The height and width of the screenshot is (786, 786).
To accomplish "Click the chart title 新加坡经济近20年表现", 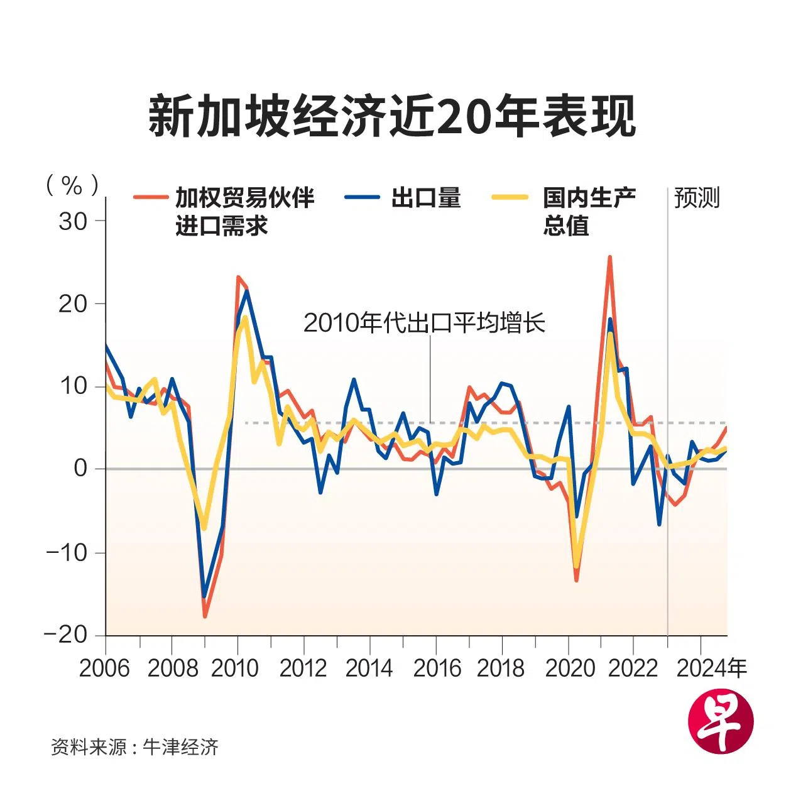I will (x=392, y=116).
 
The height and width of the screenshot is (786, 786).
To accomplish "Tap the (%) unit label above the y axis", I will (x=72, y=185).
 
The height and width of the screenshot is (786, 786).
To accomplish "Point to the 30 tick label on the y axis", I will (x=73, y=221).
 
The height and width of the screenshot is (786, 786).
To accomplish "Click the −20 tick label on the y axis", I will (x=65, y=635).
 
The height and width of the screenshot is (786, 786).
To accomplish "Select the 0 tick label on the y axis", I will (x=80, y=468).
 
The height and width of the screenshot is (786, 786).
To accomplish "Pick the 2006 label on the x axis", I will (x=104, y=669).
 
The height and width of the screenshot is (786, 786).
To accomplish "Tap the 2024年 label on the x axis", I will (x=711, y=669).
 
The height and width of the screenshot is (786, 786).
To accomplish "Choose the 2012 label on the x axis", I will (x=303, y=669).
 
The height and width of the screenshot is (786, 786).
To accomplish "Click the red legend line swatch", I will (x=150, y=197).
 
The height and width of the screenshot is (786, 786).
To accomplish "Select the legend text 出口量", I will (x=426, y=197).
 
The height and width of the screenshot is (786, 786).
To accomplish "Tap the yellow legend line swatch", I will (x=510, y=197).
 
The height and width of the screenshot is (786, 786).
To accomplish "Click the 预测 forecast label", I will (x=697, y=197).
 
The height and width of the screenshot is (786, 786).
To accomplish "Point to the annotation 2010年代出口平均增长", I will (x=424, y=323).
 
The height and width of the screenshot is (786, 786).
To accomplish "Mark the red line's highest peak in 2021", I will (x=609, y=257).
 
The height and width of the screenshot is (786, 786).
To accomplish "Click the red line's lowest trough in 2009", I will (x=205, y=616).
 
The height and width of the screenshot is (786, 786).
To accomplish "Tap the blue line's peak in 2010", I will (x=246, y=291).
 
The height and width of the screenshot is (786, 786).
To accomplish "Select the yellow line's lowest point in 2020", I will (x=576, y=566).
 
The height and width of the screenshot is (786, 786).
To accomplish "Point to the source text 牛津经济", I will (x=181, y=747).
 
